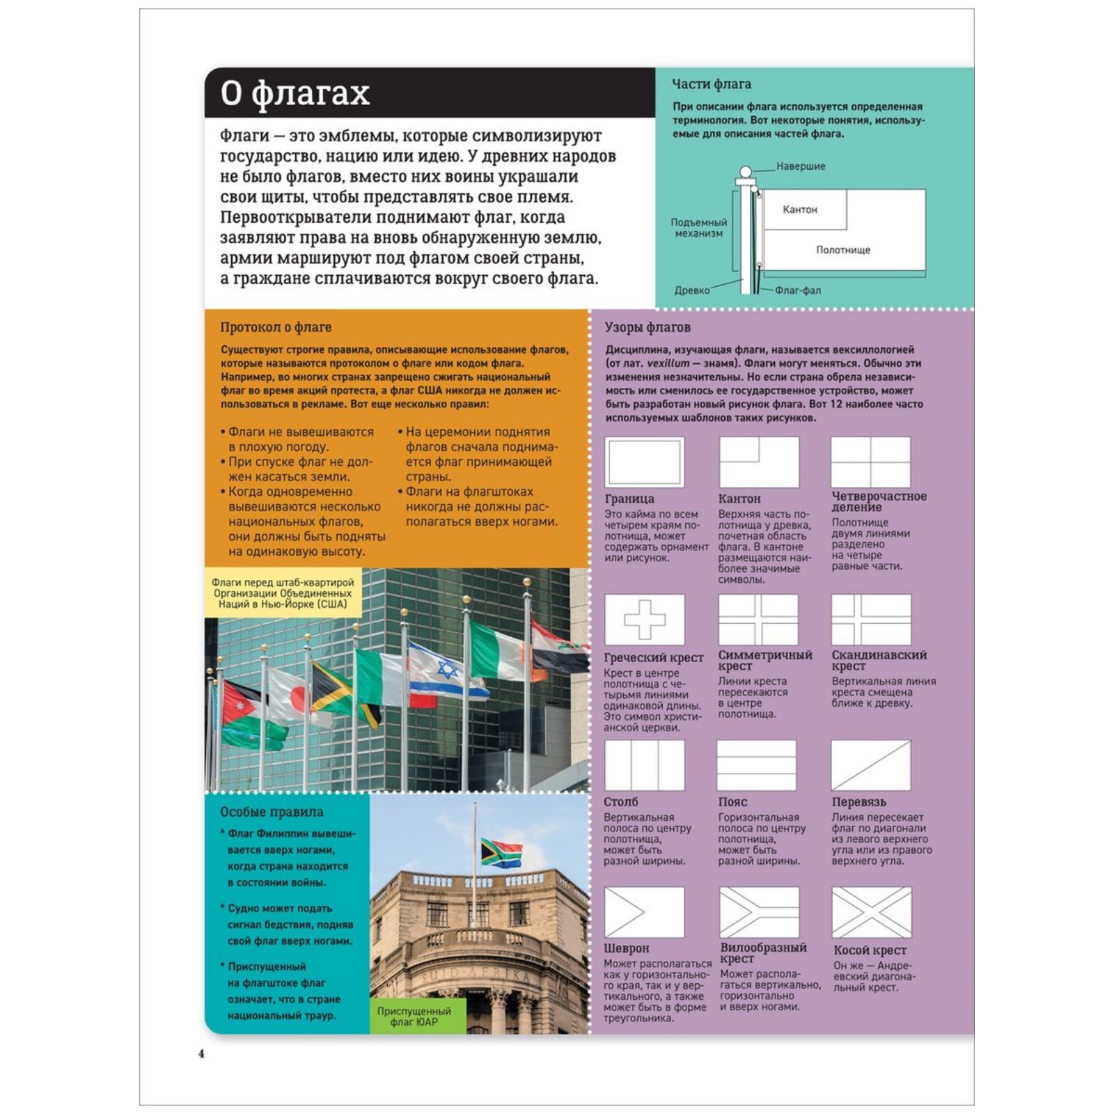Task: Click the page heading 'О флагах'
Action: point(295,93)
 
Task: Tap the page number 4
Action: point(201,1053)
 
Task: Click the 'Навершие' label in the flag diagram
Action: point(800,166)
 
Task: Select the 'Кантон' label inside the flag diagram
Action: point(799,210)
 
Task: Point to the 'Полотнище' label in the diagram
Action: point(842,250)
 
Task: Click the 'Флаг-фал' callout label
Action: point(798,290)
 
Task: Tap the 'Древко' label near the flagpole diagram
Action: point(691,290)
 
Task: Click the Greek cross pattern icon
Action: point(644,619)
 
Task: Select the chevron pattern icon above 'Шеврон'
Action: point(644,912)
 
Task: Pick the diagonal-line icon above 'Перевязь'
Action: point(870,764)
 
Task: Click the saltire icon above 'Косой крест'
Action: point(871,912)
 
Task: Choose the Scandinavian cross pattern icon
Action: point(871,619)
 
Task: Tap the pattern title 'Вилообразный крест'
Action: point(763,952)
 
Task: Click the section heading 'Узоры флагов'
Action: point(647,327)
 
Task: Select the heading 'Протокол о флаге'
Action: point(276,327)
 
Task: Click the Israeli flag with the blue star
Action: point(446,670)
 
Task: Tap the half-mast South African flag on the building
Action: point(501,852)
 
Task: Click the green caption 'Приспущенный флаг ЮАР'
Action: point(414,1016)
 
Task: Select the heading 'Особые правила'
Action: point(272,812)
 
